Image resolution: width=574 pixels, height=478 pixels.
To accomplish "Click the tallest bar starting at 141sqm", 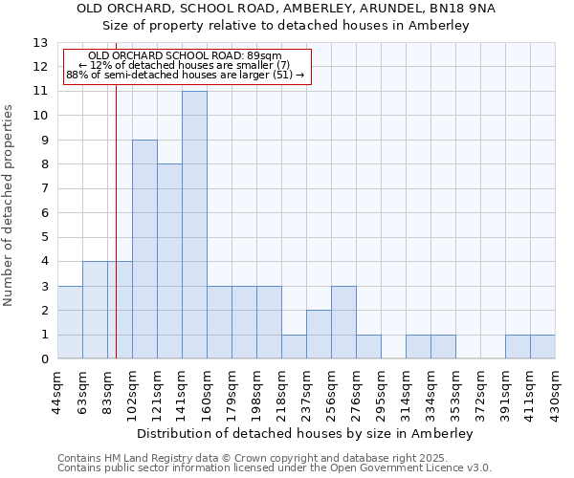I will point(194,225).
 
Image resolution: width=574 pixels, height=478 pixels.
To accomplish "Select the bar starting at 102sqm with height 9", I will point(144,250).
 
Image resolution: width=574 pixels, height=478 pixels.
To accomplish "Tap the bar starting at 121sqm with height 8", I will point(169,261).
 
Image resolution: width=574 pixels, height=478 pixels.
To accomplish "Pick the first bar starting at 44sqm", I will point(70,322).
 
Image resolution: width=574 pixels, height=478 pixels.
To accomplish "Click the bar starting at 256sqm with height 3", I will point(343,322).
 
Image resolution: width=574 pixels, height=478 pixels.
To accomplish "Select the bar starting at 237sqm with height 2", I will point(319,335).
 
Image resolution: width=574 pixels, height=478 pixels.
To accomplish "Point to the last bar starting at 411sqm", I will point(542,347).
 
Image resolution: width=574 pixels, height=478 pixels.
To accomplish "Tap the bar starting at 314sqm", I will point(418,347).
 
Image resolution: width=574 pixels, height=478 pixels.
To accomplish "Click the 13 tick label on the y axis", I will point(39,43).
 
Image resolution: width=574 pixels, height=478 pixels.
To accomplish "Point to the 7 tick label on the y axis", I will point(43,189).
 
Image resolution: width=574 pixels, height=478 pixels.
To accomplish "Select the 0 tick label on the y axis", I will point(43,359).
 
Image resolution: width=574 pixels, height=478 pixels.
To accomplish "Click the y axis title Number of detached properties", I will point(9,206).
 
